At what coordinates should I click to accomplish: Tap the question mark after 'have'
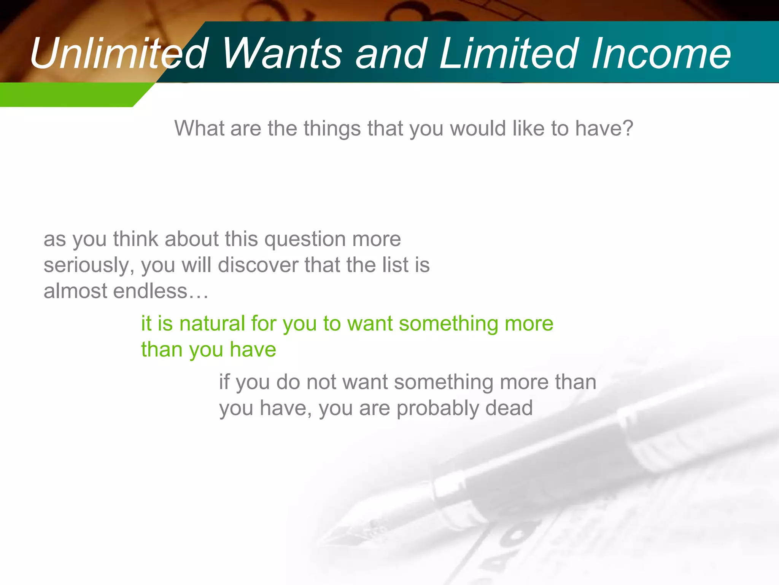pos(628,128)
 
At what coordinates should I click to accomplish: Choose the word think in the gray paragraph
pos(135,239)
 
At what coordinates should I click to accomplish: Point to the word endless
pos(150,291)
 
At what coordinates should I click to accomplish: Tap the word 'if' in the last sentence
pos(224,382)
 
